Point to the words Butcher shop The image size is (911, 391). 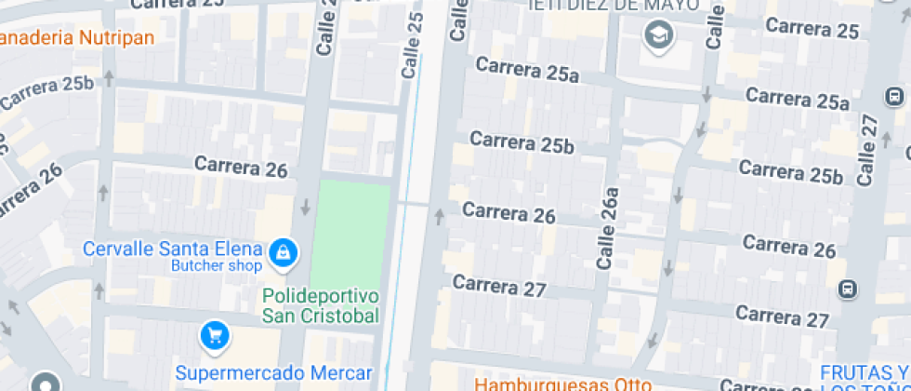click(x=216, y=266)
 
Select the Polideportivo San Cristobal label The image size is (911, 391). click(x=322, y=305)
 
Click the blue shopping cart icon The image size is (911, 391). click(x=215, y=335)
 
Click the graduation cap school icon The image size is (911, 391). click(x=658, y=36)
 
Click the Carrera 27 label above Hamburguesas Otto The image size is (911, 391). click(x=499, y=286)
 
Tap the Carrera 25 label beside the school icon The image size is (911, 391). click(x=812, y=30)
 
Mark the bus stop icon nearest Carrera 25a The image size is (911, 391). click(x=894, y=96)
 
